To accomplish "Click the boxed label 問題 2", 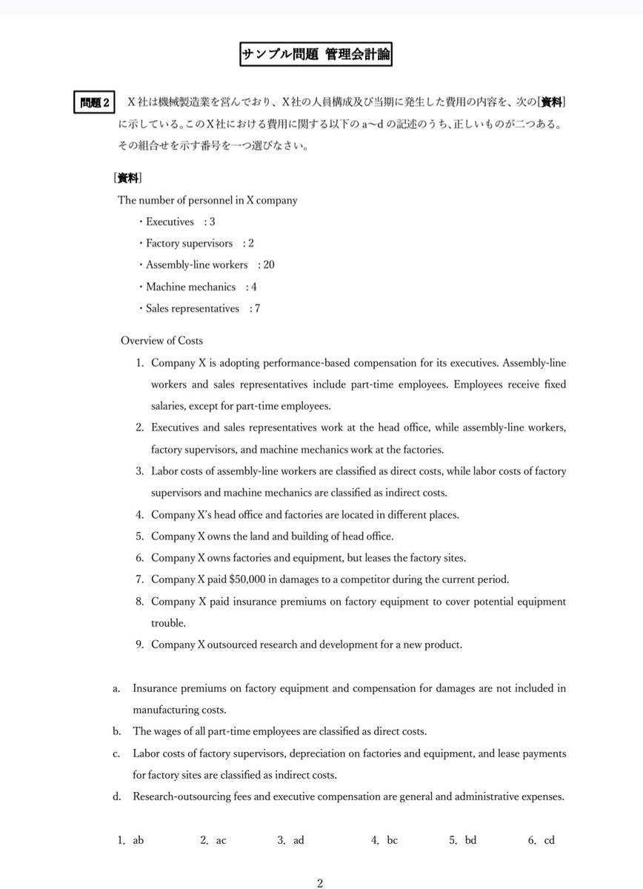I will tap(94, 102).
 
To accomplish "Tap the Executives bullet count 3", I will tap(213, 222).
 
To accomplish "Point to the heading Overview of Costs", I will tap(161, 341).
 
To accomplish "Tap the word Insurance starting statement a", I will tap(156, 688).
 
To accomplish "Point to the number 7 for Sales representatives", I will tap(257, 308).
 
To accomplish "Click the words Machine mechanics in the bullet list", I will tap(190, 287).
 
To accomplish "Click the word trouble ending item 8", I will tap(168, 623).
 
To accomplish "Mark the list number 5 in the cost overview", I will tap(139, 536).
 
